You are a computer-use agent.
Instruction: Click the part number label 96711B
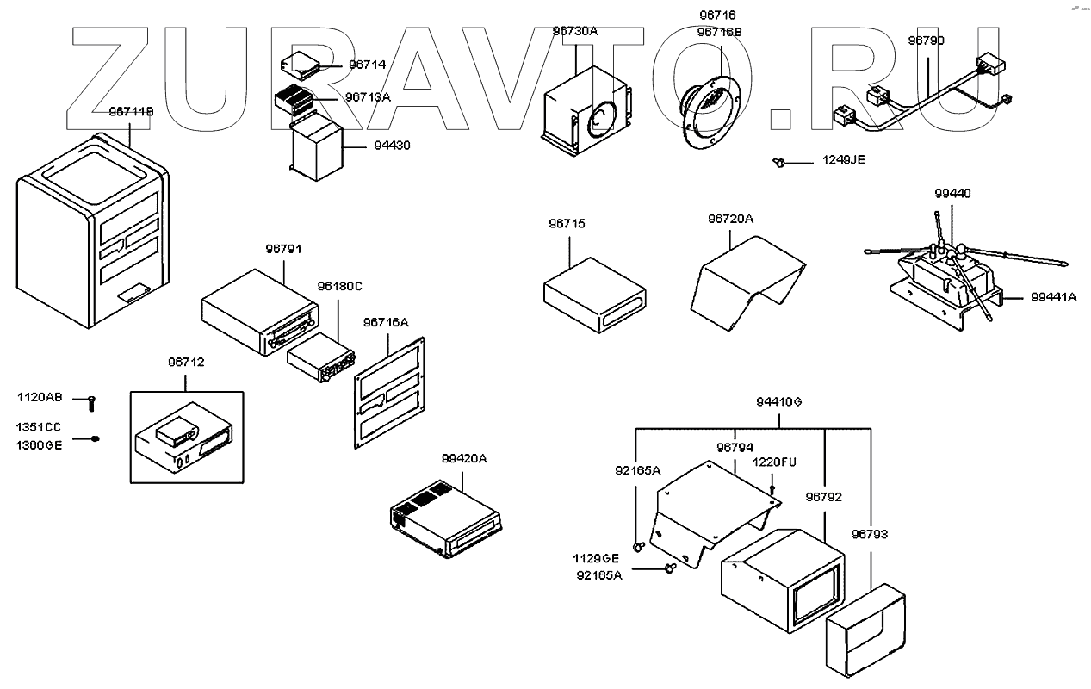click(131, 112)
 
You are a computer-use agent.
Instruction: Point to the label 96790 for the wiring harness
click(926, 40)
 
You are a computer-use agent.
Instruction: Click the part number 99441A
click(1054, 297)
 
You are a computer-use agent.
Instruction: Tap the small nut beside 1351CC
click(95, 438)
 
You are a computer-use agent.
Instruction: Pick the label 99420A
click(464, 458)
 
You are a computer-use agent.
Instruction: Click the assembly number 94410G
click(779, 401)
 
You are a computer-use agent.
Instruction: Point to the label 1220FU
click(775, 462)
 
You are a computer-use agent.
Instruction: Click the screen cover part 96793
click(865, 626)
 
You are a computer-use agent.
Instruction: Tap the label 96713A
click(368, 97)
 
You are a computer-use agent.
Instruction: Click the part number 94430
click(392, 146)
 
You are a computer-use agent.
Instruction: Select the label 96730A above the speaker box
click(574, 31)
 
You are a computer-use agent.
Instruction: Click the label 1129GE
click(597, 558)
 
